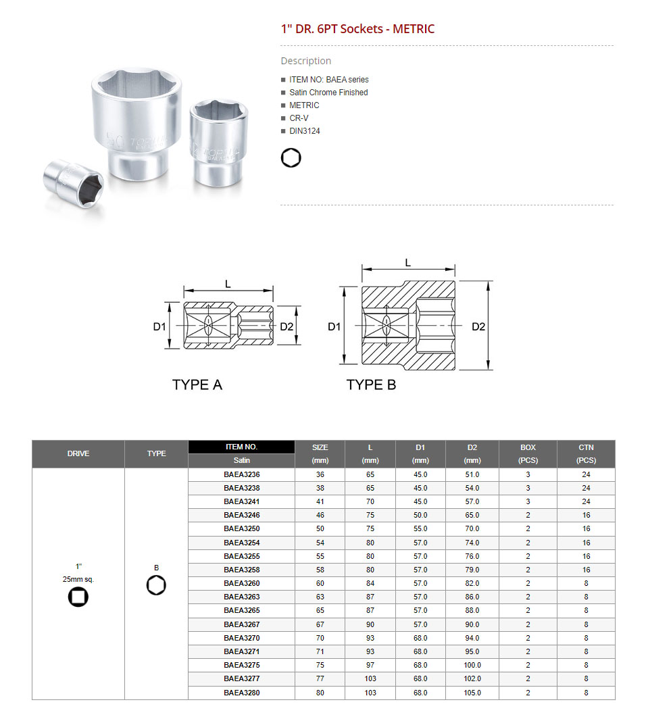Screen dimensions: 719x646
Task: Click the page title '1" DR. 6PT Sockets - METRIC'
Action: pyautogui.click(x=357, y=29)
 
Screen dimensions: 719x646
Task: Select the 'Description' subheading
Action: pyautogui.click(x=305, y=61)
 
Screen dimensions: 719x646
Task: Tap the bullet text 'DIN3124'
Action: pyautogui.click(x=305, y=131)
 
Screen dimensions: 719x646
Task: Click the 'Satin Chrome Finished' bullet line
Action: pyautogui.click(x=328, y=93)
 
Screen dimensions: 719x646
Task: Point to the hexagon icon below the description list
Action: pyautogui.click(x=291, y=158)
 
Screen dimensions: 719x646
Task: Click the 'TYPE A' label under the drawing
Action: pyautogui.click(x=197, y=385)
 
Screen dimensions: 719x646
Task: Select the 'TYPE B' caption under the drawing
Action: pyautogui.click(x=371, y=385)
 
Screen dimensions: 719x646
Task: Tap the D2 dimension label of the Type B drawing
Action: pyautogui.click(x=478, y=327)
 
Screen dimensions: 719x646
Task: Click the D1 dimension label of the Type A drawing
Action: pyautogui.click(x=159, y=327)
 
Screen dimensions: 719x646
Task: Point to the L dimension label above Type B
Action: pyautogui.click(x=407, y=262)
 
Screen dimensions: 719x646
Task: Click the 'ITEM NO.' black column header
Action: pyautogui.click(x=241, y=447)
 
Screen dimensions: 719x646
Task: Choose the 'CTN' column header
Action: pyautogui.click(x=586, y=447)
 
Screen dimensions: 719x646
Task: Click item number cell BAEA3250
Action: pyautogui.click(x=241, y=528)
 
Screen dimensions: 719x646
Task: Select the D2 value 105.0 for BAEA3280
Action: pyautogui.click(x=472, y=693)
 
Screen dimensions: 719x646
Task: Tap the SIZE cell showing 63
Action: pyautogui.click(x=320, y=597)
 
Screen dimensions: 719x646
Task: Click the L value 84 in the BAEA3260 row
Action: pyautogui.click(x=370, y=583)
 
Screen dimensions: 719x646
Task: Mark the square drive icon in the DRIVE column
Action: pyautogui.click(x=78, y=597)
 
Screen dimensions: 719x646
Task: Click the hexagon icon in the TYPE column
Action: pyautogui.click(x=156, y=586)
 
